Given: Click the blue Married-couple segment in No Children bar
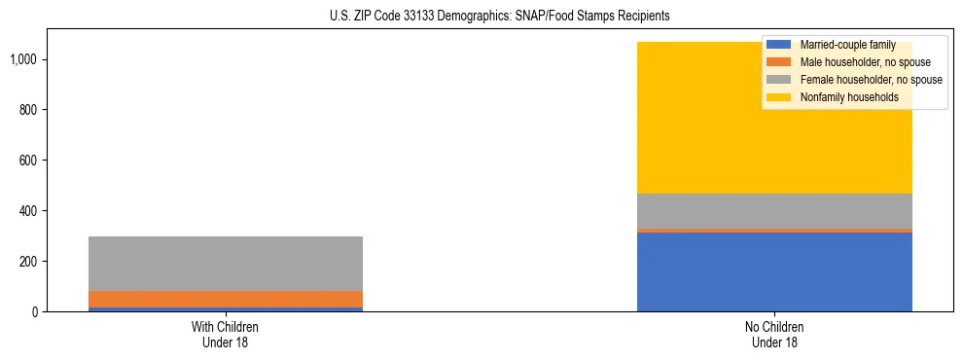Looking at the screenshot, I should [x=774, y=272].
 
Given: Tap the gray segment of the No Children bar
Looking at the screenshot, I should [x=774, y=210].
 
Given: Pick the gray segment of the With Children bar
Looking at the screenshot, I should [x=226, y=263].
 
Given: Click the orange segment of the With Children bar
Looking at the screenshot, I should [x=226, y=299].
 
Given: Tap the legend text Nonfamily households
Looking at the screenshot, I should [x=842, y=97].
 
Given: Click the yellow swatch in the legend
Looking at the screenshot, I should [x=779, y=97].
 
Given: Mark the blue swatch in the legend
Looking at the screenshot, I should [x=779, y=45].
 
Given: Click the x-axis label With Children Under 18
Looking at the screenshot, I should [x=226, y=334].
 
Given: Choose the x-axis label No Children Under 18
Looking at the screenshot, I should [x=774, y=334].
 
